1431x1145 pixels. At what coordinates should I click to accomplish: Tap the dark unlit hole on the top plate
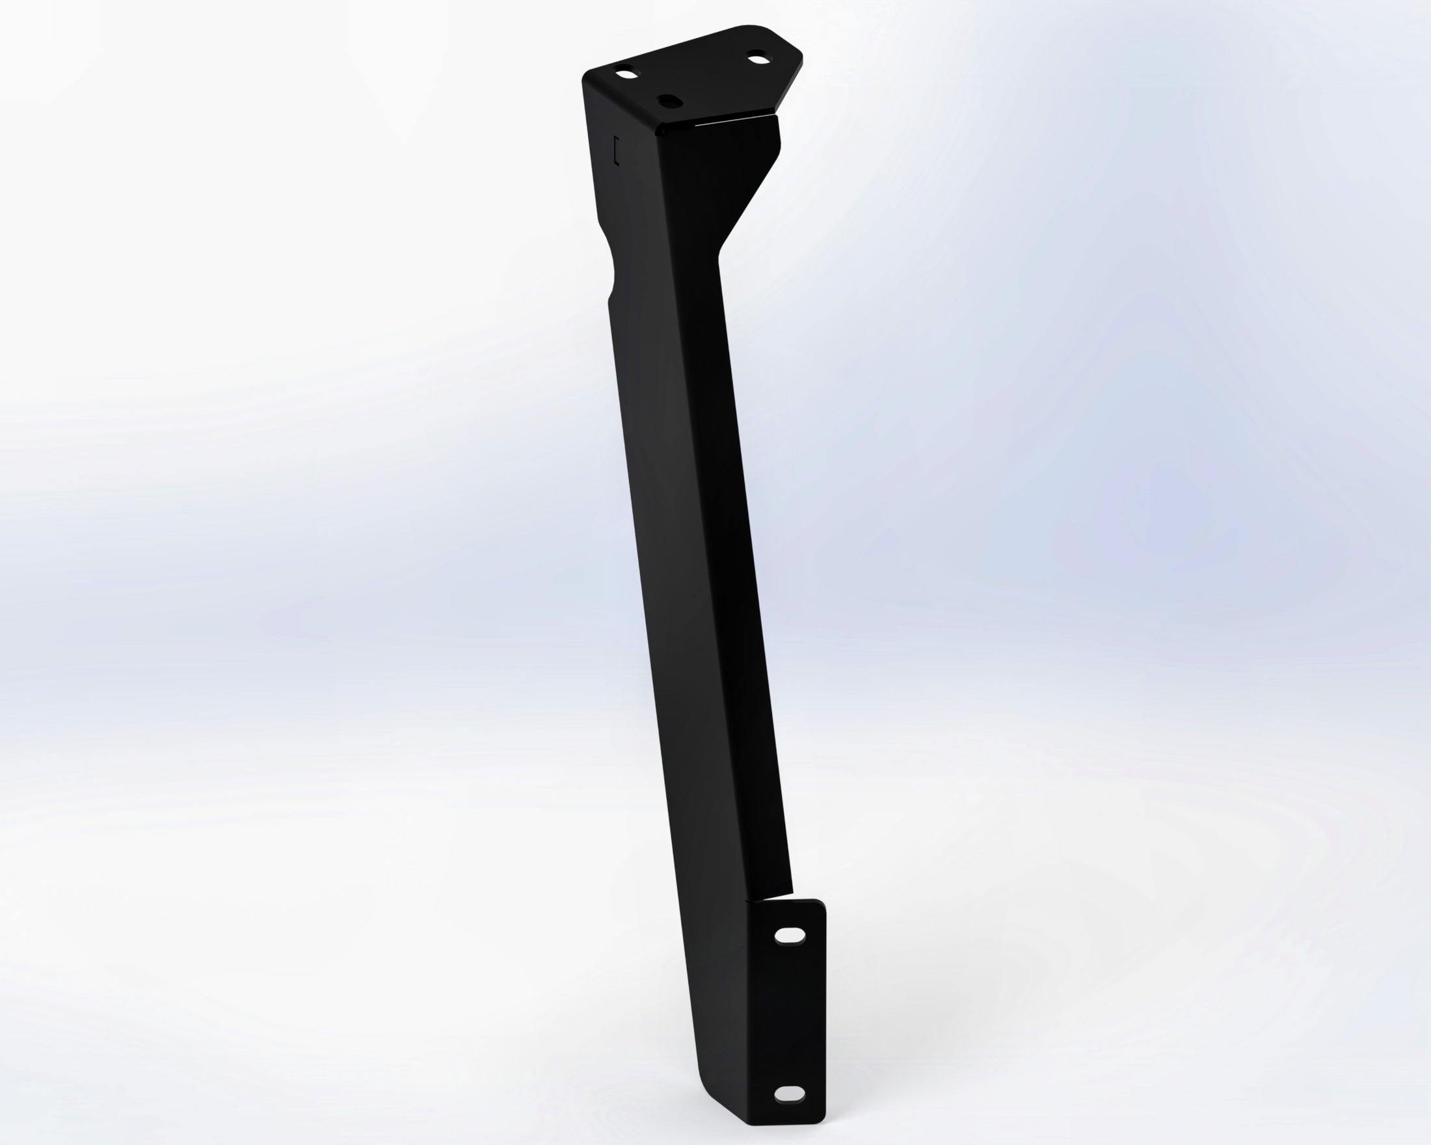(x=668, y=101)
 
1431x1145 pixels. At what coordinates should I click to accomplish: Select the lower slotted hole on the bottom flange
(x=789, y=1093)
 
